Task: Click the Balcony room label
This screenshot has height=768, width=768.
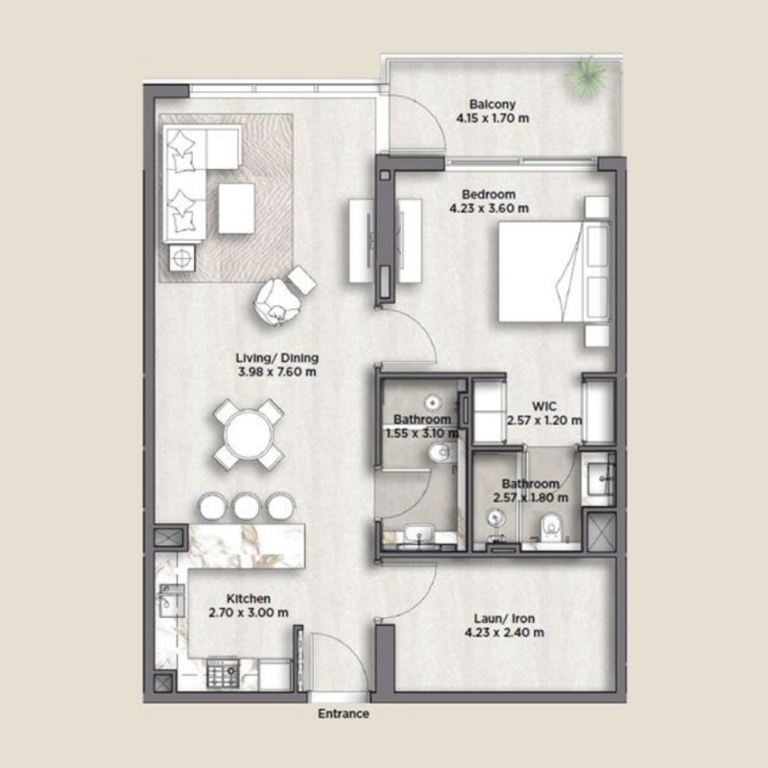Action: pos(493,104)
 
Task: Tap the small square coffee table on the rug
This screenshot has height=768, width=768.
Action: pos(236,207)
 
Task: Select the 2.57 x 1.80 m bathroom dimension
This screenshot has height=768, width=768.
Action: pos(530,498)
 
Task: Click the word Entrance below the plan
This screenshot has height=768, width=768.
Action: pos(344,714)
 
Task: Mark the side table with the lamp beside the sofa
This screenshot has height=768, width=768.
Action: pos(181,257)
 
